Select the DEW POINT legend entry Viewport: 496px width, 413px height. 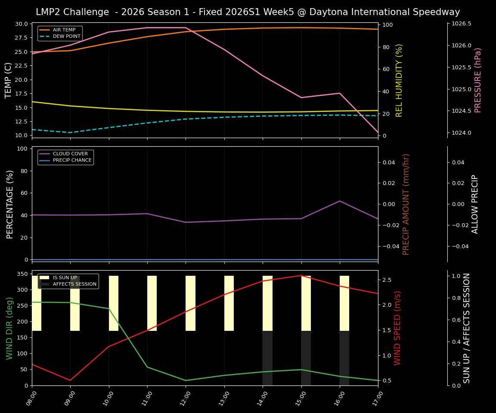66,37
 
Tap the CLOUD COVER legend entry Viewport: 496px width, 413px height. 70,154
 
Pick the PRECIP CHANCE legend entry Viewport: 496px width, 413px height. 72,160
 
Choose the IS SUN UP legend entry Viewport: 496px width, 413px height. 65,277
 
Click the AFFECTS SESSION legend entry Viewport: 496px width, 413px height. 74,284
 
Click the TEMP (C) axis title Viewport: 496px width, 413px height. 9,80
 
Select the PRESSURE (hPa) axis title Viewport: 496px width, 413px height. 478,80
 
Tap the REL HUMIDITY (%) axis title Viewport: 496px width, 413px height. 399,80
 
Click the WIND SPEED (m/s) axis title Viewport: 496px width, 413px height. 397,328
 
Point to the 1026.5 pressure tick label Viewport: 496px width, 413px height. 461,24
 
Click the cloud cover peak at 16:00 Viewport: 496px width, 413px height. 340,201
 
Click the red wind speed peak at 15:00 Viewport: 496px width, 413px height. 301,275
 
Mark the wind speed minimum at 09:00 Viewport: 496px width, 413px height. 70,380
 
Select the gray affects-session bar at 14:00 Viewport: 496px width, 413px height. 267,358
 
